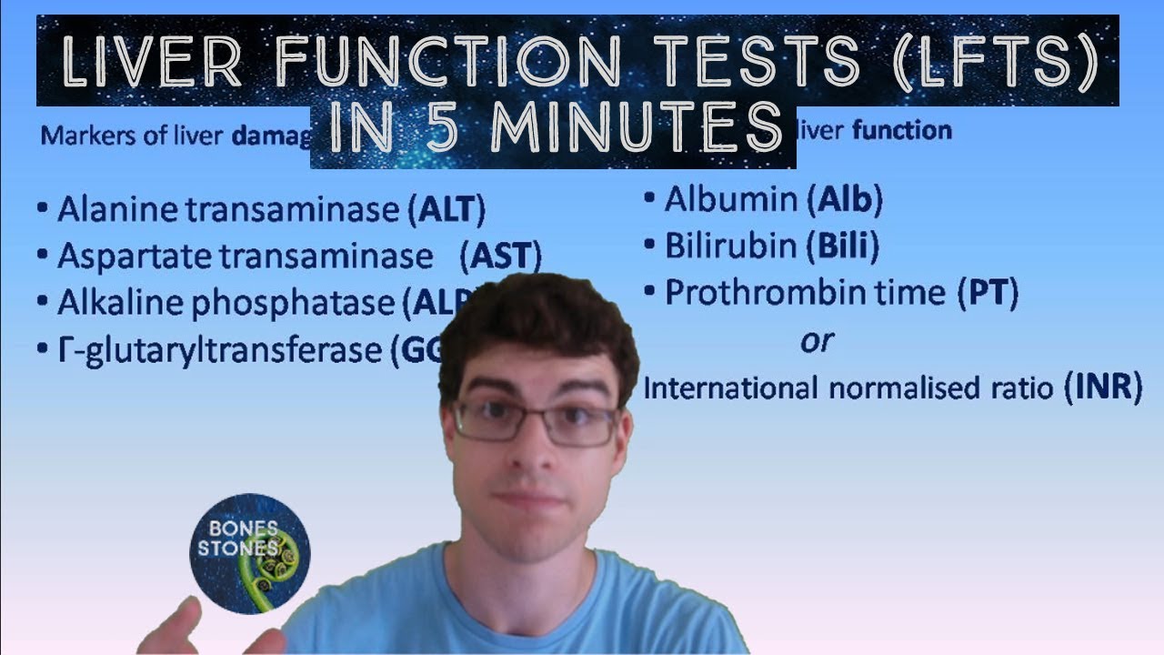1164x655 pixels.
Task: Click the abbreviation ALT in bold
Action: pos(451,210)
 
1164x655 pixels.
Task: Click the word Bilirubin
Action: pos(733,246)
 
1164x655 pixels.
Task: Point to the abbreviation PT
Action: pos(987,293)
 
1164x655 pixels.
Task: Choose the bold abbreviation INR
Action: pos(1102,388)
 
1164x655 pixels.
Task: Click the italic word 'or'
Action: pos(816,341)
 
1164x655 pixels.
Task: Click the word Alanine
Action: pos(118,210)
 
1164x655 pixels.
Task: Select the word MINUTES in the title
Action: pos(636,128)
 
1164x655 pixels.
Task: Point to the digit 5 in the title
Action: pos(446,128)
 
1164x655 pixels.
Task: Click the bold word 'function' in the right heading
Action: pos(901,131)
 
